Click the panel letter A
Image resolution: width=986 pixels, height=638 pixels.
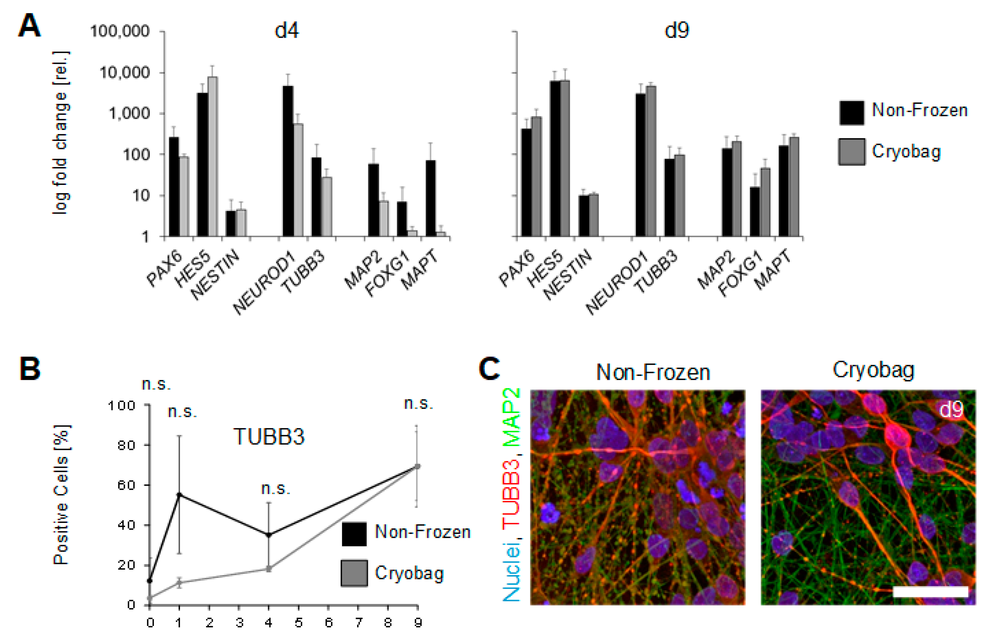[29, 26]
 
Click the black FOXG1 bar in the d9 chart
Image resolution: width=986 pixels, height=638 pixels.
[754, 211]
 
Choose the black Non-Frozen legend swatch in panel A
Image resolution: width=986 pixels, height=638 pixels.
[852, 113]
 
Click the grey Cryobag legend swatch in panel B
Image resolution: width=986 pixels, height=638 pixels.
[354, 573]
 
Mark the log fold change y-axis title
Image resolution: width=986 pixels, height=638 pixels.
[61, 133]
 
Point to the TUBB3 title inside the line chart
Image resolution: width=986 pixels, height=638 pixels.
[269, 436]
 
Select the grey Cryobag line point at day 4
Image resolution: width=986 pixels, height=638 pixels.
[268, 569]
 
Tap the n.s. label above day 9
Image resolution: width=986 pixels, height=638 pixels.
[418, 403]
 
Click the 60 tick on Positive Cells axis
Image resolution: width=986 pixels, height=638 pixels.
[126, 485]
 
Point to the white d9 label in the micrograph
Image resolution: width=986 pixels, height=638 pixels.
[951, 410]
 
